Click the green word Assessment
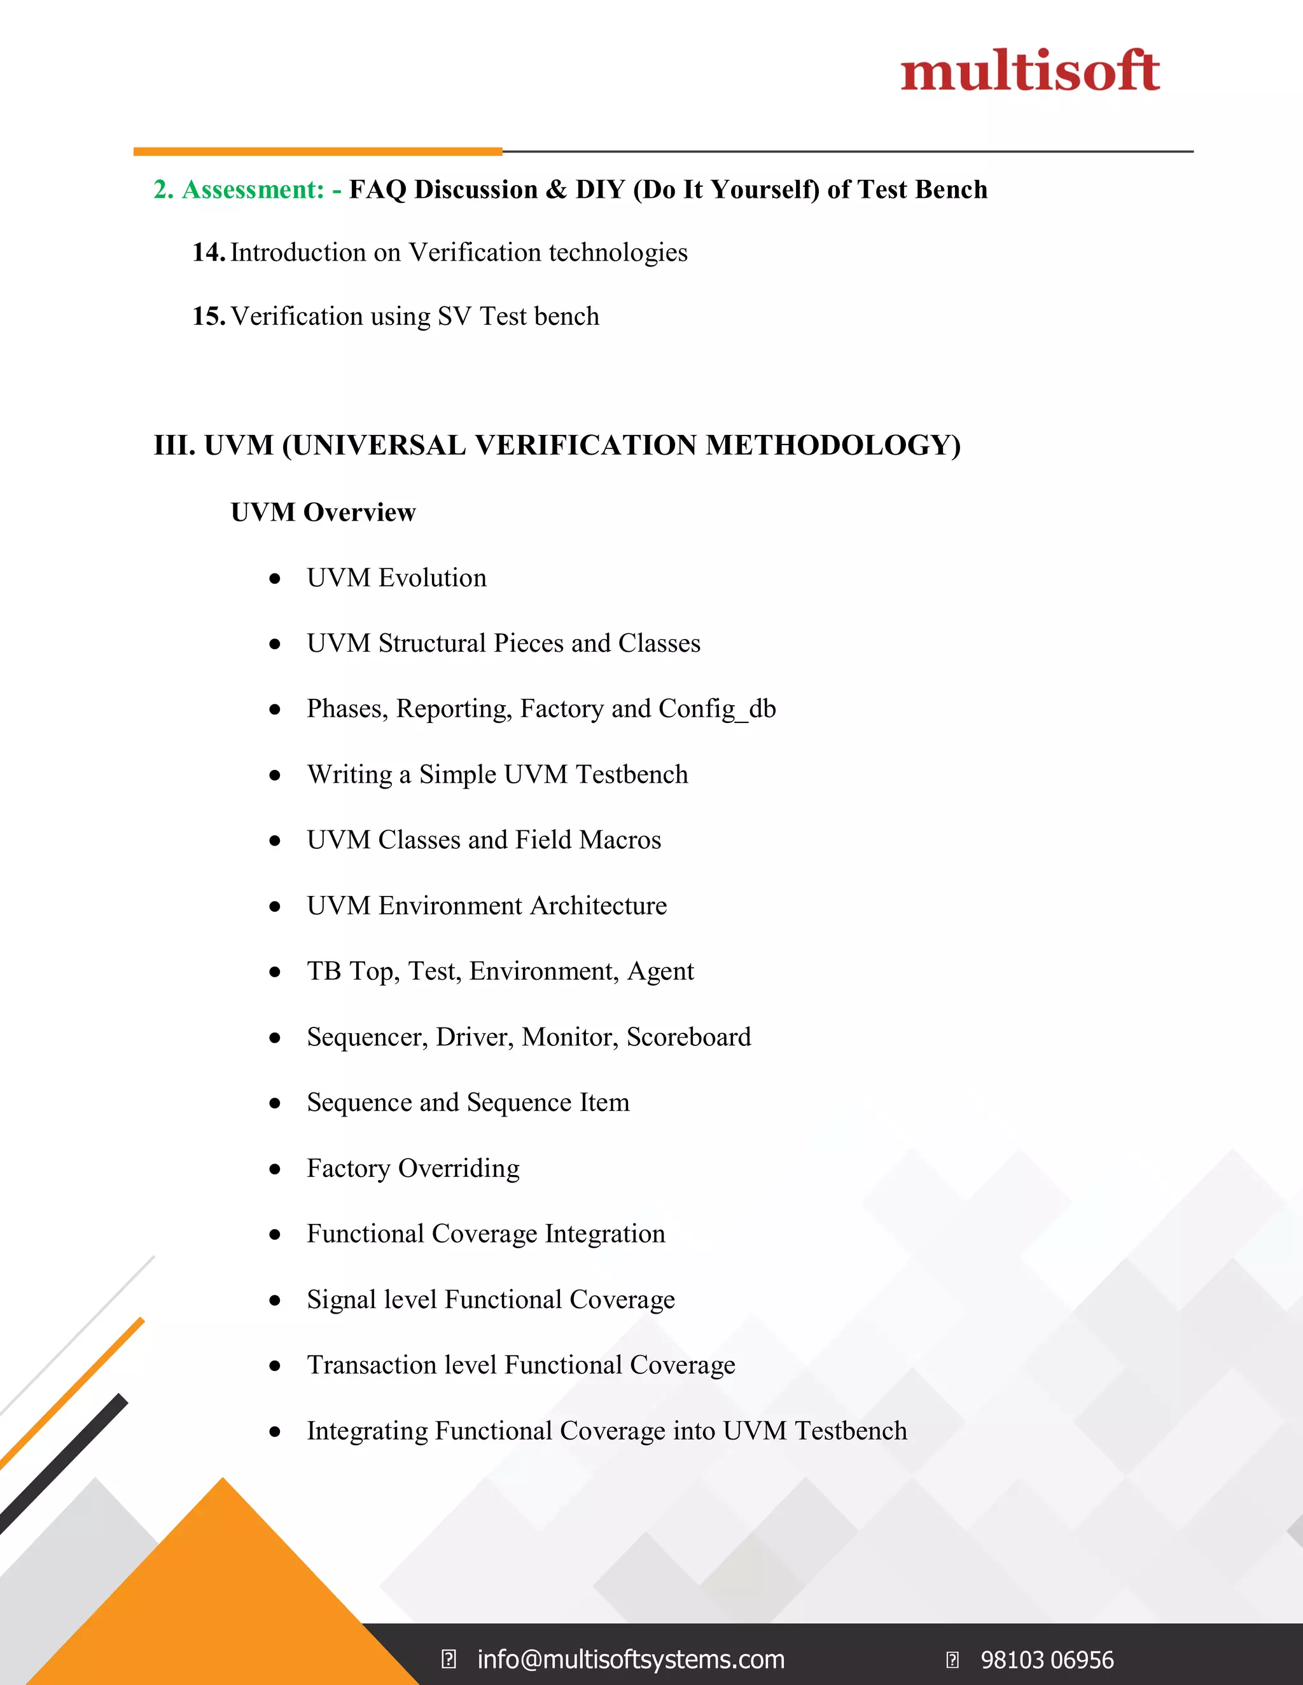point(253,189)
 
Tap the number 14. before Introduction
point(209,252)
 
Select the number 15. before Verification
point(209,316)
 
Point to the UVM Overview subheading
point(323,512)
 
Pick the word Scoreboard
point(688,1037)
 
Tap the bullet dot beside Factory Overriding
point(275,1169)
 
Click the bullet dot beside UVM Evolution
point(275,579)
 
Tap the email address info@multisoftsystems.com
point(631,1660)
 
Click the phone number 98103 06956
point(1047,1660)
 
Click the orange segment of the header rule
point(317,151)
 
